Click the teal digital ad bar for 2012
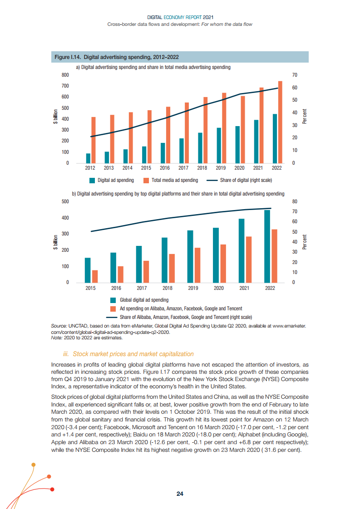(88, 158)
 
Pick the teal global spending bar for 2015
(88, 270)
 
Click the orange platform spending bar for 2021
(249, 259)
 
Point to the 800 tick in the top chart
(65, 75)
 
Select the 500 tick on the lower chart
(65, 201)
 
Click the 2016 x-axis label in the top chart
(164, 168)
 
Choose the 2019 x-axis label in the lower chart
(193, 288)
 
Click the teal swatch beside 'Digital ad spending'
(92, 181)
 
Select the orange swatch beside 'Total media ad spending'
(146, 181)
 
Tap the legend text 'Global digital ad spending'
(144, 300)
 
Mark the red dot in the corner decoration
(53, 489)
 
